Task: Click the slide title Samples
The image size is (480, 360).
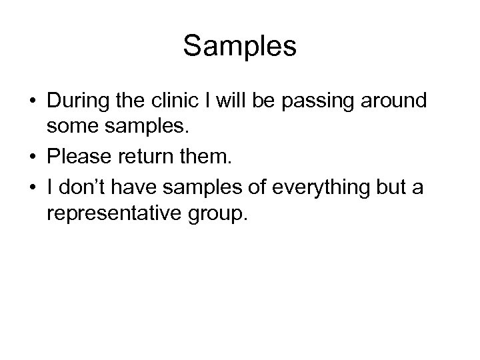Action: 240,46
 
